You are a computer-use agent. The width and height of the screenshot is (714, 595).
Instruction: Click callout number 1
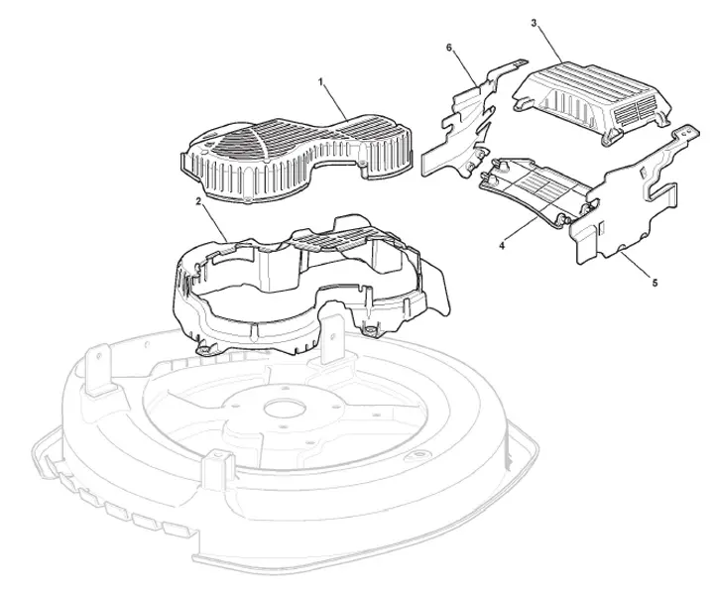(320, 82)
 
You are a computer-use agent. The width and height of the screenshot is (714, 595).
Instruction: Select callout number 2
(198, 201)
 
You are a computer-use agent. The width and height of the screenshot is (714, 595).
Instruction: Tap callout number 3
(535, 23)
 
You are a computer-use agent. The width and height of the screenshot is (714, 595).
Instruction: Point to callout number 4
(502, 245)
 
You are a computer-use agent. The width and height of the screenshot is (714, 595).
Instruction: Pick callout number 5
(654, 283)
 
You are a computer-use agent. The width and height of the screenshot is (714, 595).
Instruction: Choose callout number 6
(449, 48)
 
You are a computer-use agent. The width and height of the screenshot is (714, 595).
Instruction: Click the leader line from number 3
(550, 45)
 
